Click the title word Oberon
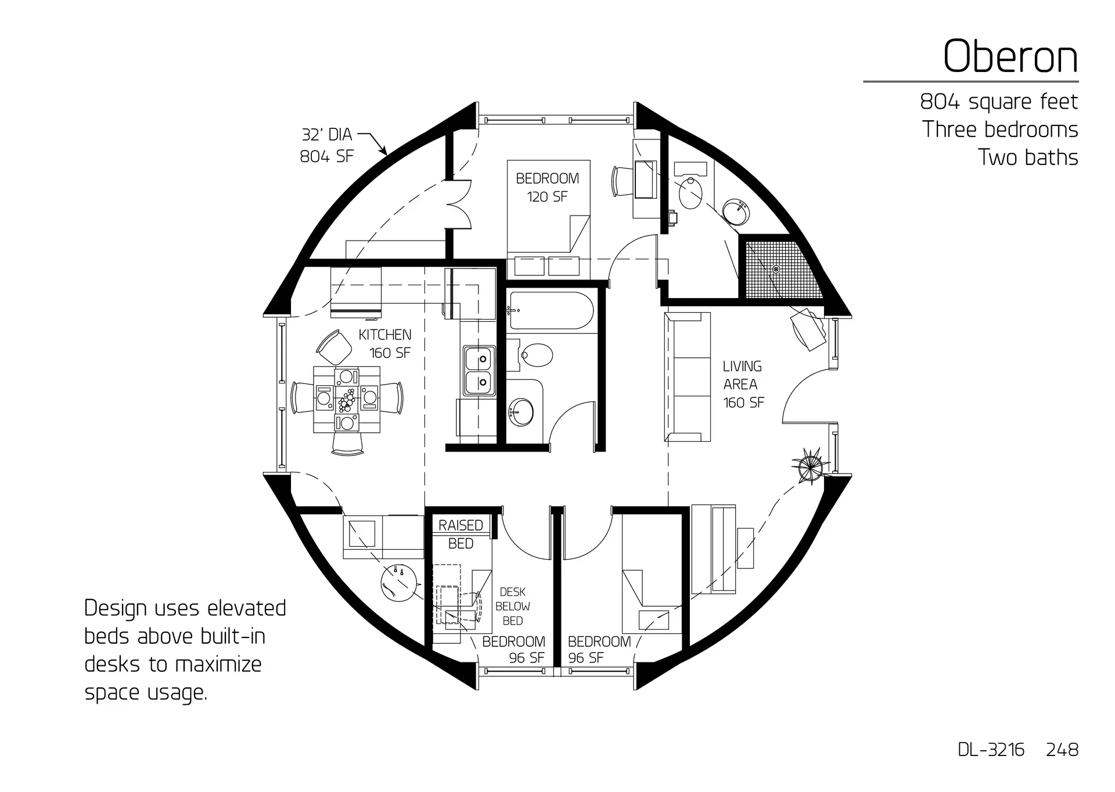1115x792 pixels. (1010, 57)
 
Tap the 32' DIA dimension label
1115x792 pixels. (326, 135)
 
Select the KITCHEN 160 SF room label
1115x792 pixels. (385, 343)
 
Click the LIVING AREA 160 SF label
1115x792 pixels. (743, 384)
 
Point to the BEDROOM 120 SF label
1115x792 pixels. (547, 187)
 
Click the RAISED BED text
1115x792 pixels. (461, 534)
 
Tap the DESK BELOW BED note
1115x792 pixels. (512, 606)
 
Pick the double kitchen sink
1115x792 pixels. (479, 371)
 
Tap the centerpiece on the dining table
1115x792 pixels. (347, 399)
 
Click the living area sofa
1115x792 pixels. (688, 377)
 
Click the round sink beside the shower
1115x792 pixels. (736, 212)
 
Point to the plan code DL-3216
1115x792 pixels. (991, 750)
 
